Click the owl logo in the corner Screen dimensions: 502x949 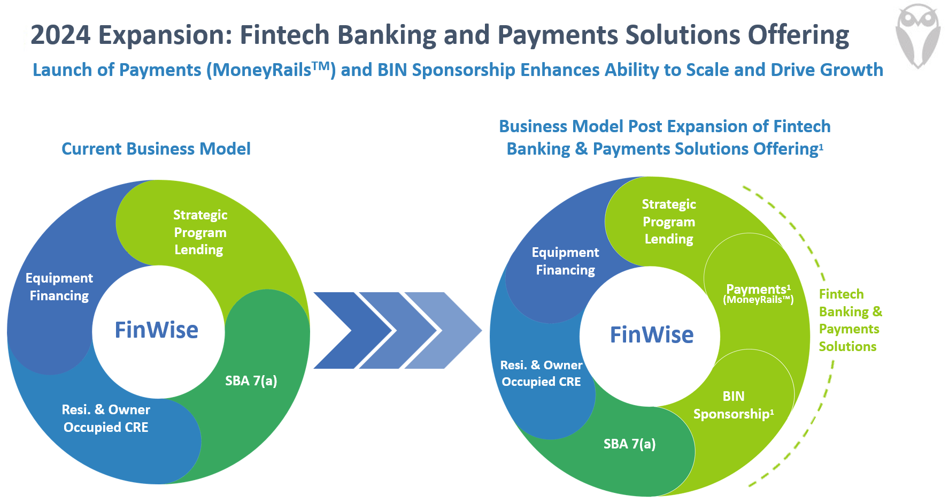coord(917,34)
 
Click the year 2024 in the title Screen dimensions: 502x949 coord(60,35)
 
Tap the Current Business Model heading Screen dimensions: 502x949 coord(156,149)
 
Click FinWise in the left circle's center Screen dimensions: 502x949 coord(157,330)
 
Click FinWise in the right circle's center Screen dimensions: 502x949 coord(652,334)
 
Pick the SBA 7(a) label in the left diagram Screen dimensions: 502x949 coord(251,381)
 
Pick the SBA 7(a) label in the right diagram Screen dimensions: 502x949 coord(629,444)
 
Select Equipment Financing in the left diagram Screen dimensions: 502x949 coord(59,287)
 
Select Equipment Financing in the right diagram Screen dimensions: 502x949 coord(565,261)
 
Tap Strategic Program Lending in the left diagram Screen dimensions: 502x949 coord(199,232)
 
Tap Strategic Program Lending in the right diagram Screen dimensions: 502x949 coord(668,222)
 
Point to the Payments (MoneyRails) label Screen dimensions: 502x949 coord(758,294)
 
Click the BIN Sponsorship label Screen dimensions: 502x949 coord(733,405)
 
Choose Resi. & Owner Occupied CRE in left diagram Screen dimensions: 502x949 coord(106,419)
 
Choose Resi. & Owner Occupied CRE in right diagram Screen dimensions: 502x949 coord(541,373)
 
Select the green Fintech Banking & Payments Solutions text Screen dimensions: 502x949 coord(849,320)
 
